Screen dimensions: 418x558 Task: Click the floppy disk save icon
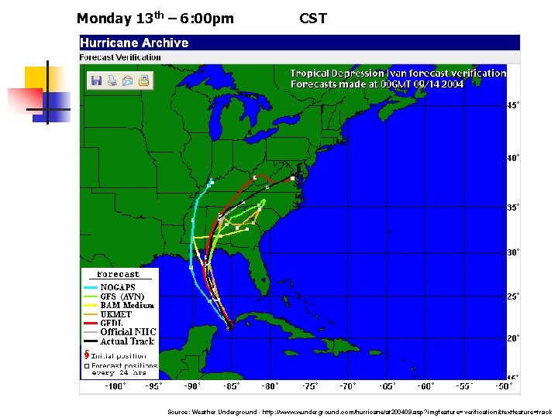tap(97, 80)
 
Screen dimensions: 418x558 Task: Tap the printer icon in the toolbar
tap(112, 80)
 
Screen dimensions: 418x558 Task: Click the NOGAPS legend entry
tap(117, 287)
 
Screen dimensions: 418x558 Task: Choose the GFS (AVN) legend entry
tap(122, 296)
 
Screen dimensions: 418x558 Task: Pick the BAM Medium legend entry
tap(127, 305)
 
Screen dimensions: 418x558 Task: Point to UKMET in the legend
tap(117, 314)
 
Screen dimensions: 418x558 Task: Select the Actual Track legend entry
tap(127, 341)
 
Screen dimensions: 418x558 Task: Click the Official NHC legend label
tap(128, 332)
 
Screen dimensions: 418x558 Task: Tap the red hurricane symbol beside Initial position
tap(87, 355)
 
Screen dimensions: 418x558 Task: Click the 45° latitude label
tap(513, 105)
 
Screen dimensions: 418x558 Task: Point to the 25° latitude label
tap(513, 296)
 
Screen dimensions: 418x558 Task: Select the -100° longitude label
tap(114, 385)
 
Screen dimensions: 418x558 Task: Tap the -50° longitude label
tap(505, 385)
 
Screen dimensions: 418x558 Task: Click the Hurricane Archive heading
tap(134, 43)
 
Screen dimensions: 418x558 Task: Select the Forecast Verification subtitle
tap(121, 57)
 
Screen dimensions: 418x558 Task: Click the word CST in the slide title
tap(313, 18)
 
